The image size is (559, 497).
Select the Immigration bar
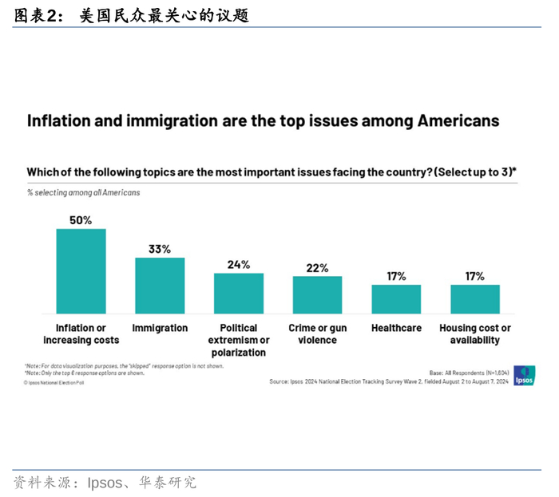coord(160,286)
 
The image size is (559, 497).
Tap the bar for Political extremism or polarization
coord(238,293)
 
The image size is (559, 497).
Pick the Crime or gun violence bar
coord(317,294)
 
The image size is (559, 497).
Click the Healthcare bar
coord(396,298)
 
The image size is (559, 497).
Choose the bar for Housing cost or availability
coord(475,298)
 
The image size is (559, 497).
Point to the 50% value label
coord(81,220)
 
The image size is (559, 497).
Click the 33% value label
coord(160,249)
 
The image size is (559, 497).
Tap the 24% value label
coord(238,264)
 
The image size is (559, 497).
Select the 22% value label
coord(317,268)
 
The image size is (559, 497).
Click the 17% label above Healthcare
coord(396,276)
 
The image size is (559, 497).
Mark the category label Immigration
coord(160,328)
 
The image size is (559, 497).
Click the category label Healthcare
coord(396,328)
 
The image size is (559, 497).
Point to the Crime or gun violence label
coord(317,333)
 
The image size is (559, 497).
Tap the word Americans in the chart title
coord(458,120)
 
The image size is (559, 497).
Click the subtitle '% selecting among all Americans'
coord(83,192)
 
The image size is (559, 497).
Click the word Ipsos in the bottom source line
coord(104,483)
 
